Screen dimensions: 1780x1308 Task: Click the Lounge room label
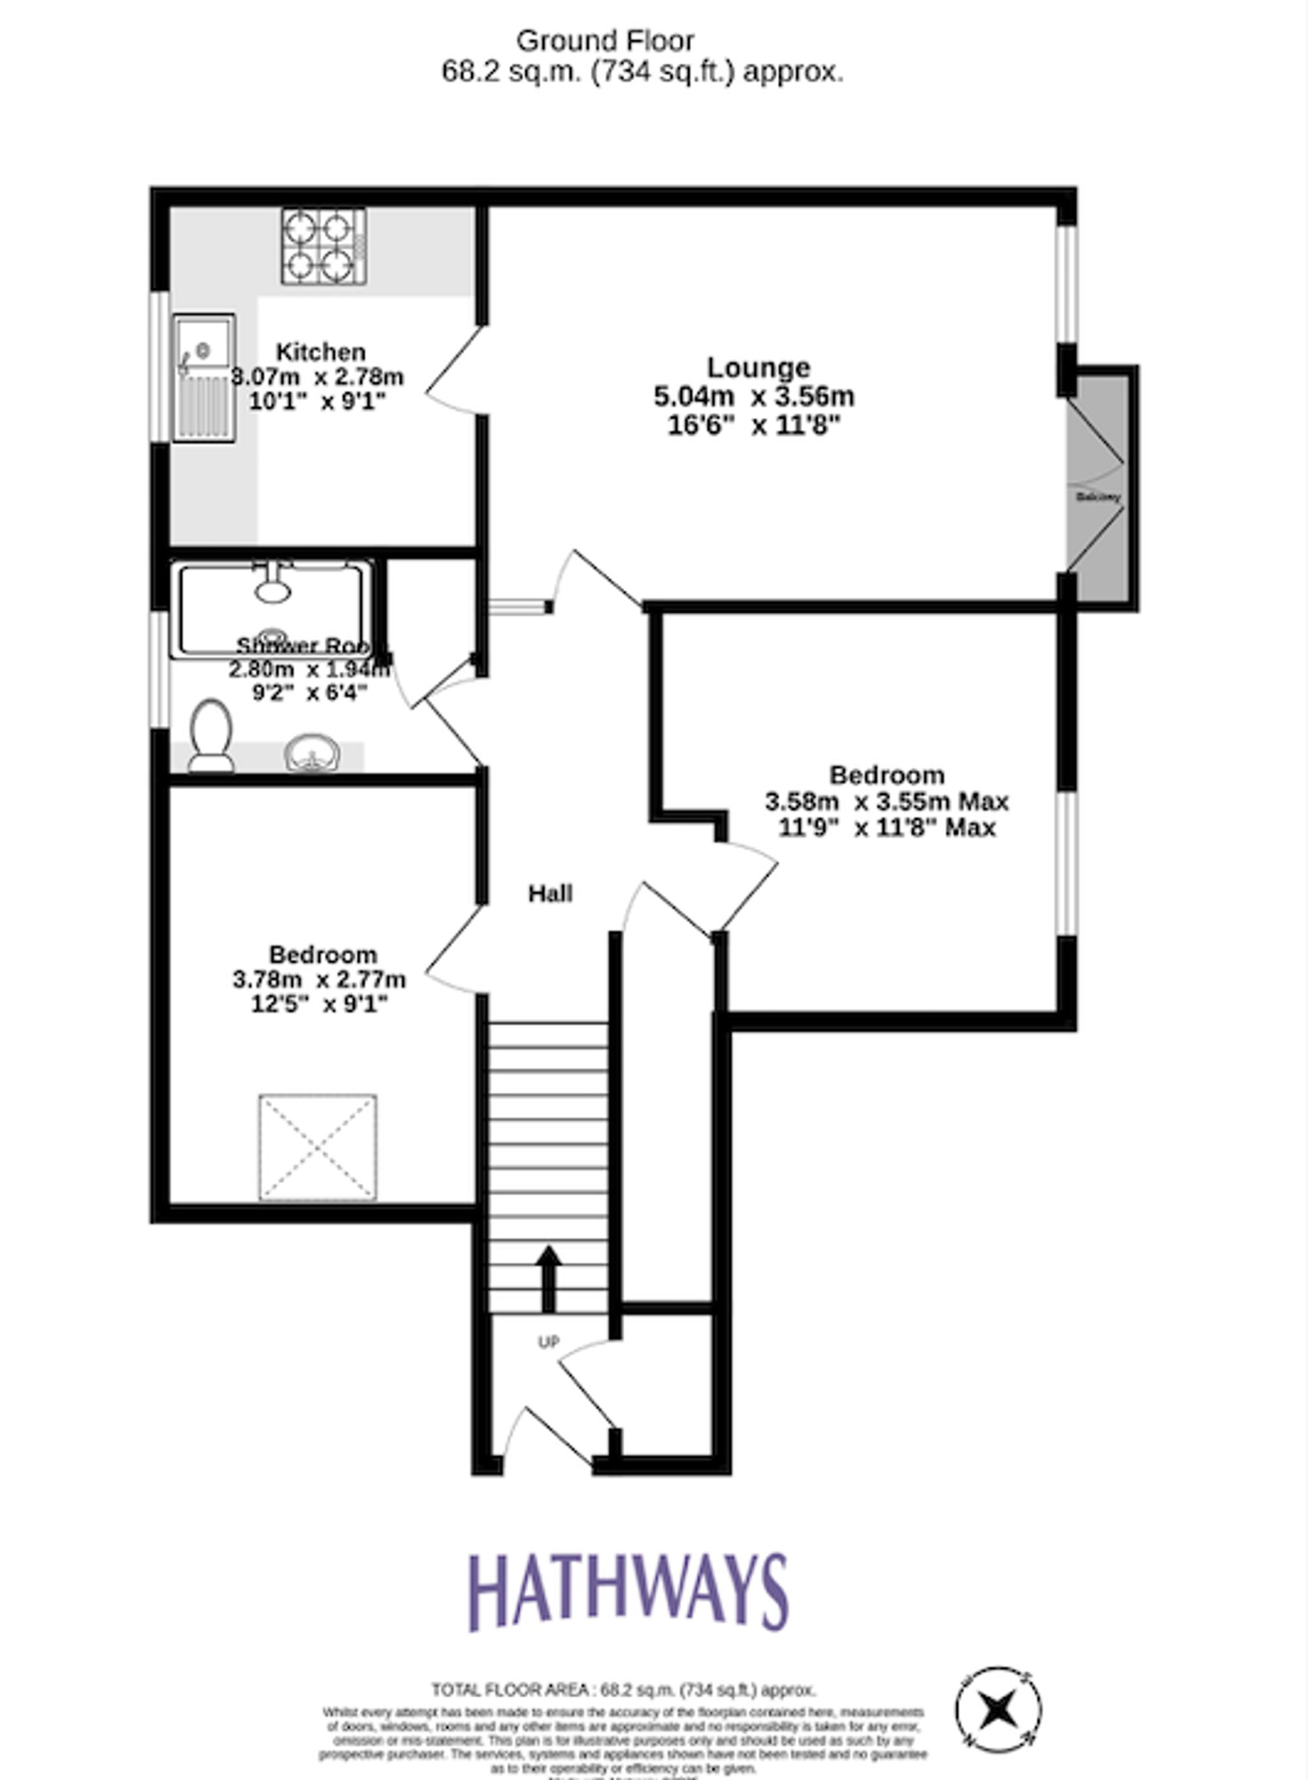point(758,367)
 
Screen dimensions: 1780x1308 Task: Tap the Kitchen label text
point(320,352)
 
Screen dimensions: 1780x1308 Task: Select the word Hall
point(550,894)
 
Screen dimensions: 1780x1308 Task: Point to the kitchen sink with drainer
point(204,378)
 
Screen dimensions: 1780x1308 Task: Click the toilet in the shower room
point(211,735)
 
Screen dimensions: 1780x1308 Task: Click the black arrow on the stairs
point(549,1278)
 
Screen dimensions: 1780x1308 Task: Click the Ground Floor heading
point(605,41)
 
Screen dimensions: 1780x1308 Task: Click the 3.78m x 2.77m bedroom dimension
point(319,980)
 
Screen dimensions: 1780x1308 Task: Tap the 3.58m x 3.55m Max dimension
point(886,802)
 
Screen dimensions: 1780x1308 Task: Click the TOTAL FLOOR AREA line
point(623,1690)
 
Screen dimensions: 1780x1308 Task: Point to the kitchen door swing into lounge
point(455,371)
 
